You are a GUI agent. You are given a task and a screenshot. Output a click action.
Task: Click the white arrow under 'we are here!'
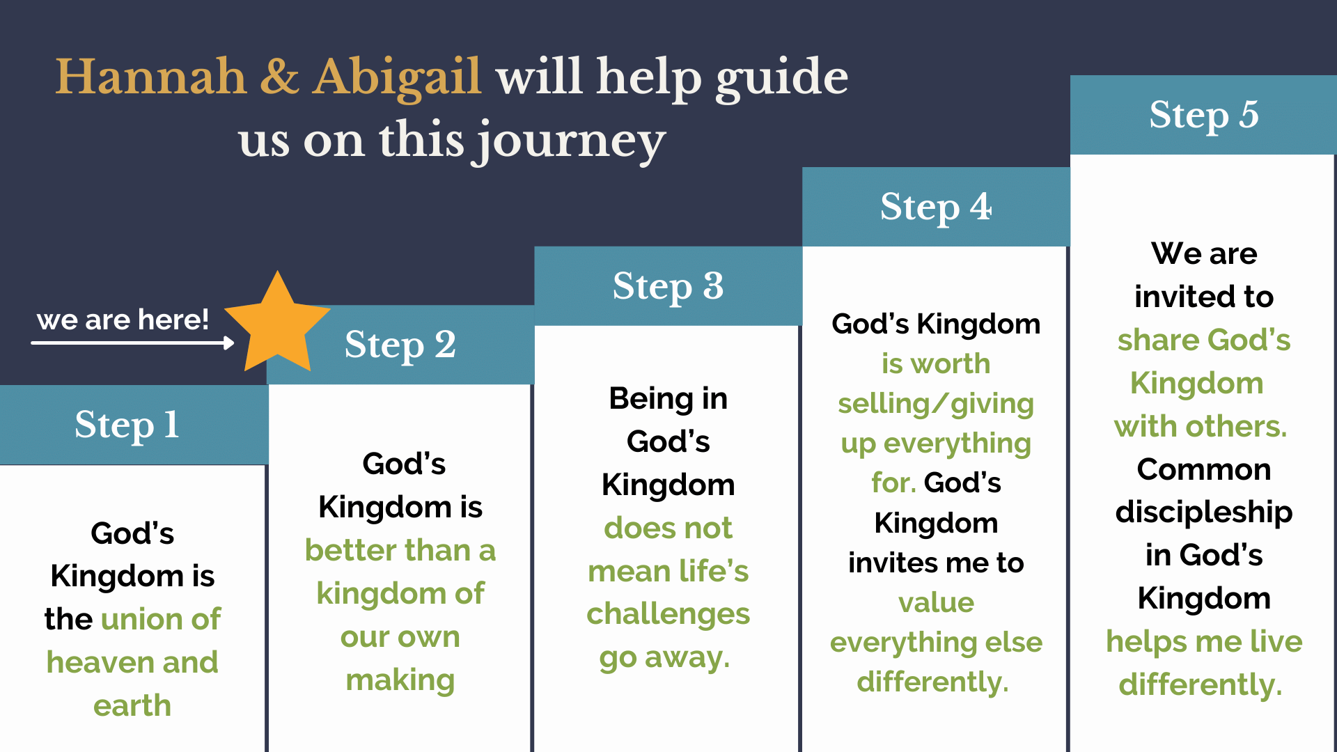point(132,343)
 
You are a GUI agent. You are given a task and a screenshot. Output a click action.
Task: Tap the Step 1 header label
point(127,425)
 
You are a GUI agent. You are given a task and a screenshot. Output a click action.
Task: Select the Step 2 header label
point(400,345)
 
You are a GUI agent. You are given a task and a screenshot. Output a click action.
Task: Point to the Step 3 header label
point(668,286)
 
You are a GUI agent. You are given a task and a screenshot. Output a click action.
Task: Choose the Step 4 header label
point(936,207)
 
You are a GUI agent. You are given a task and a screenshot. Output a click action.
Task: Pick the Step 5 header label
point(1204,115)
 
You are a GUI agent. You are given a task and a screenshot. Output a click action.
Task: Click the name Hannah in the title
point(151,76)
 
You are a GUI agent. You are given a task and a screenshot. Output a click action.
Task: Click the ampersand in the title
point(280,76)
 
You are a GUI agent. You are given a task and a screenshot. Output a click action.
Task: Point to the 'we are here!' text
point(123,320)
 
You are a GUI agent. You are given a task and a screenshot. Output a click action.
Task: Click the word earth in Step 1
point(132,705)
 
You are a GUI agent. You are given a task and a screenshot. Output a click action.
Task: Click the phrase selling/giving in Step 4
point(936,404)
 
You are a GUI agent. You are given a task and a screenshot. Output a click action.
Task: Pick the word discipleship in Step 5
point(1204,512)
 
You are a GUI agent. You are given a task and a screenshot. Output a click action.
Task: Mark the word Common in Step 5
point(1204,469)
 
